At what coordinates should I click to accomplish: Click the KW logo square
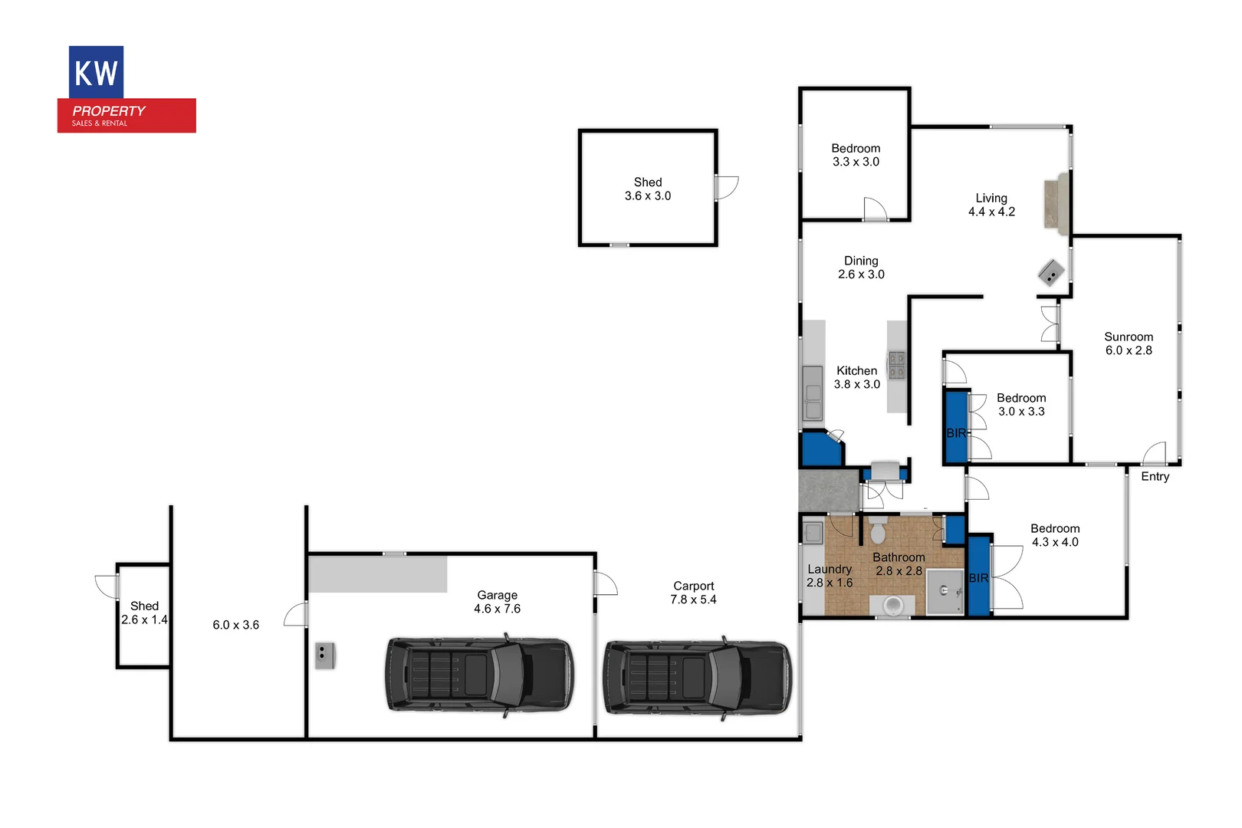(96, 72)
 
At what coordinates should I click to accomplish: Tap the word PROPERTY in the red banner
(109, 111)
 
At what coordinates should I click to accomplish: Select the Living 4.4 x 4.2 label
(991, 205)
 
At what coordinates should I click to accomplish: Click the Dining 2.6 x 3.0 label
(861, 268)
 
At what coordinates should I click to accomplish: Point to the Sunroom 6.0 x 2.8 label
(1128, 343)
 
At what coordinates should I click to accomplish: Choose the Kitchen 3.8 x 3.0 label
(856, 377)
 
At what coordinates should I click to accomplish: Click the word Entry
(1155, 477)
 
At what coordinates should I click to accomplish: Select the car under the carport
(697, 678)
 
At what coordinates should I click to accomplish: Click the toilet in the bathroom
(879, 531)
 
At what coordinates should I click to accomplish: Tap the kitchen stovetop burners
(896, 365)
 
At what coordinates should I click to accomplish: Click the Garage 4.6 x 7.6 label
(497, 602)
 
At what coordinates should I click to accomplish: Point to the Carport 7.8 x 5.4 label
(693, 593)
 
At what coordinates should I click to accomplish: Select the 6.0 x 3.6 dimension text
(235, 625)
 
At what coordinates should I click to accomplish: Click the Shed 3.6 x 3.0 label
(647, 189)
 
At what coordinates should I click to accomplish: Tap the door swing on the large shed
(725, 188)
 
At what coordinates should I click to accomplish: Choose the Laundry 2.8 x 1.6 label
(830, 576)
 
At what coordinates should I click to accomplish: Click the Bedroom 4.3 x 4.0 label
(1055, 535)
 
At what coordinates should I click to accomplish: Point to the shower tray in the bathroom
(945, 591)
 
